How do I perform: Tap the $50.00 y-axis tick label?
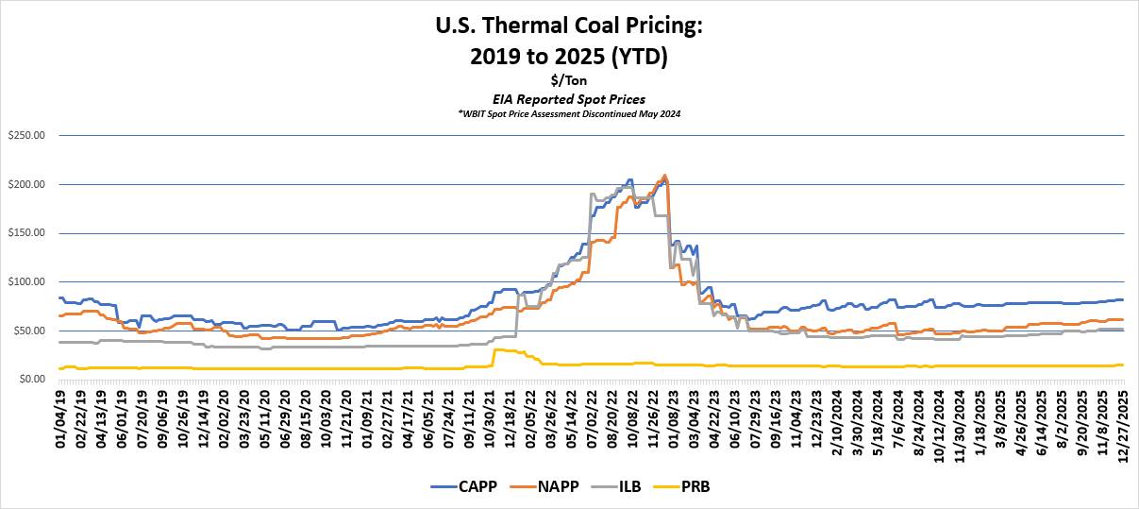point(27,331)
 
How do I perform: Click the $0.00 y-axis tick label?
point(30,380)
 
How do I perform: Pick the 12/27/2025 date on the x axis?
point(1122,420)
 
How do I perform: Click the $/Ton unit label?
point(569,81)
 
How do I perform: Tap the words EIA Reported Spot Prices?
point(569,98)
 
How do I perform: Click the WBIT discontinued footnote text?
point(569,113)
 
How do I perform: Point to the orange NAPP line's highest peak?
point(665,176)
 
